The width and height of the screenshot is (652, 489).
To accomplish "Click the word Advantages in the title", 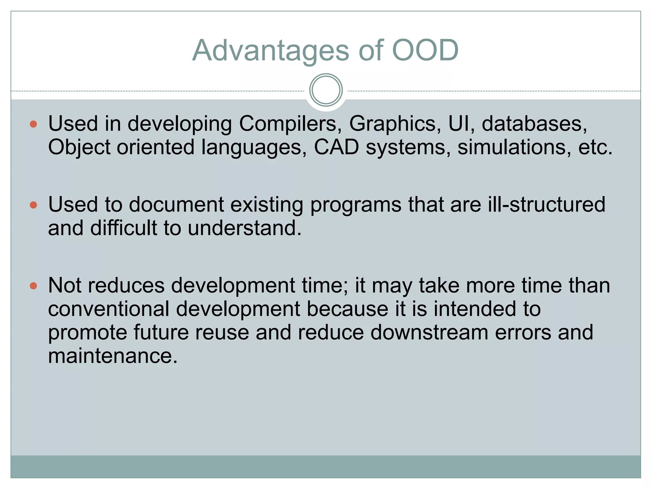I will coord(271,50).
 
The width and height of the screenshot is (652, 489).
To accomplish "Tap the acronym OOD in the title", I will coord(425,50).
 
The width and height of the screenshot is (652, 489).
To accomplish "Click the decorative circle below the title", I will coord(326,90).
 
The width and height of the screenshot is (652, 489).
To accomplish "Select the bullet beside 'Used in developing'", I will coord(33,124).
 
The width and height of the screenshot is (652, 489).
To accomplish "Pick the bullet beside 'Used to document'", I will coord(33,205).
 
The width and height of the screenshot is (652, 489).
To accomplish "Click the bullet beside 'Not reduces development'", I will coord(33,286).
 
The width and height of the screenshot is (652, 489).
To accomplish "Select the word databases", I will coord(534,124).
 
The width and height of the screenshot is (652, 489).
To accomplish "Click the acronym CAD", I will coord(336,147).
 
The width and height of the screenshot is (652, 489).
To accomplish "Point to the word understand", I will coord(244,228).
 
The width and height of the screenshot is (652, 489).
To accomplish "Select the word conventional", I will coord(109,309).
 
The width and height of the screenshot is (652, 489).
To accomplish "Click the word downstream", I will coord(429,332).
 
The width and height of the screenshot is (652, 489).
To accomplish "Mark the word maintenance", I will coord(112,356).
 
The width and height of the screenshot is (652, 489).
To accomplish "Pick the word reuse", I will coord(222,332).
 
